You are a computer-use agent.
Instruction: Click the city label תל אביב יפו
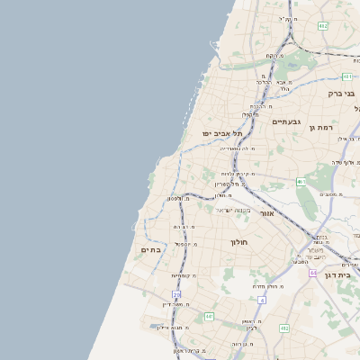point(220,133)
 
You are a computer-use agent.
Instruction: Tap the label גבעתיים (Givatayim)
point(285,121)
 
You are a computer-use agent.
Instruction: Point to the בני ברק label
point(339,93)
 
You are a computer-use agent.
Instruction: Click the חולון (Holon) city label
point(238,243)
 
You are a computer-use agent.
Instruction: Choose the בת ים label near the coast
point(150,249)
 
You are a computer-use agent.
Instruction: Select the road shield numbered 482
point(323,26)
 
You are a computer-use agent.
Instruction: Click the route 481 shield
point(346,78)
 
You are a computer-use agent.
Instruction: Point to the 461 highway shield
point(301,182)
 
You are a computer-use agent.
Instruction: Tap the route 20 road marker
point(177,294)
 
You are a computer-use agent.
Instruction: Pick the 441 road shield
point(209,317)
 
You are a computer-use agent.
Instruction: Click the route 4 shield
point(261,299)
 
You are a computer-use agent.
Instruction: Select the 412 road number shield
point(283,329)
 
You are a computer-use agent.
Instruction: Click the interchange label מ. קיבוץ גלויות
point(239,173)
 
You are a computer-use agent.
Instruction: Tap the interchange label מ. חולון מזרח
point(267,286)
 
